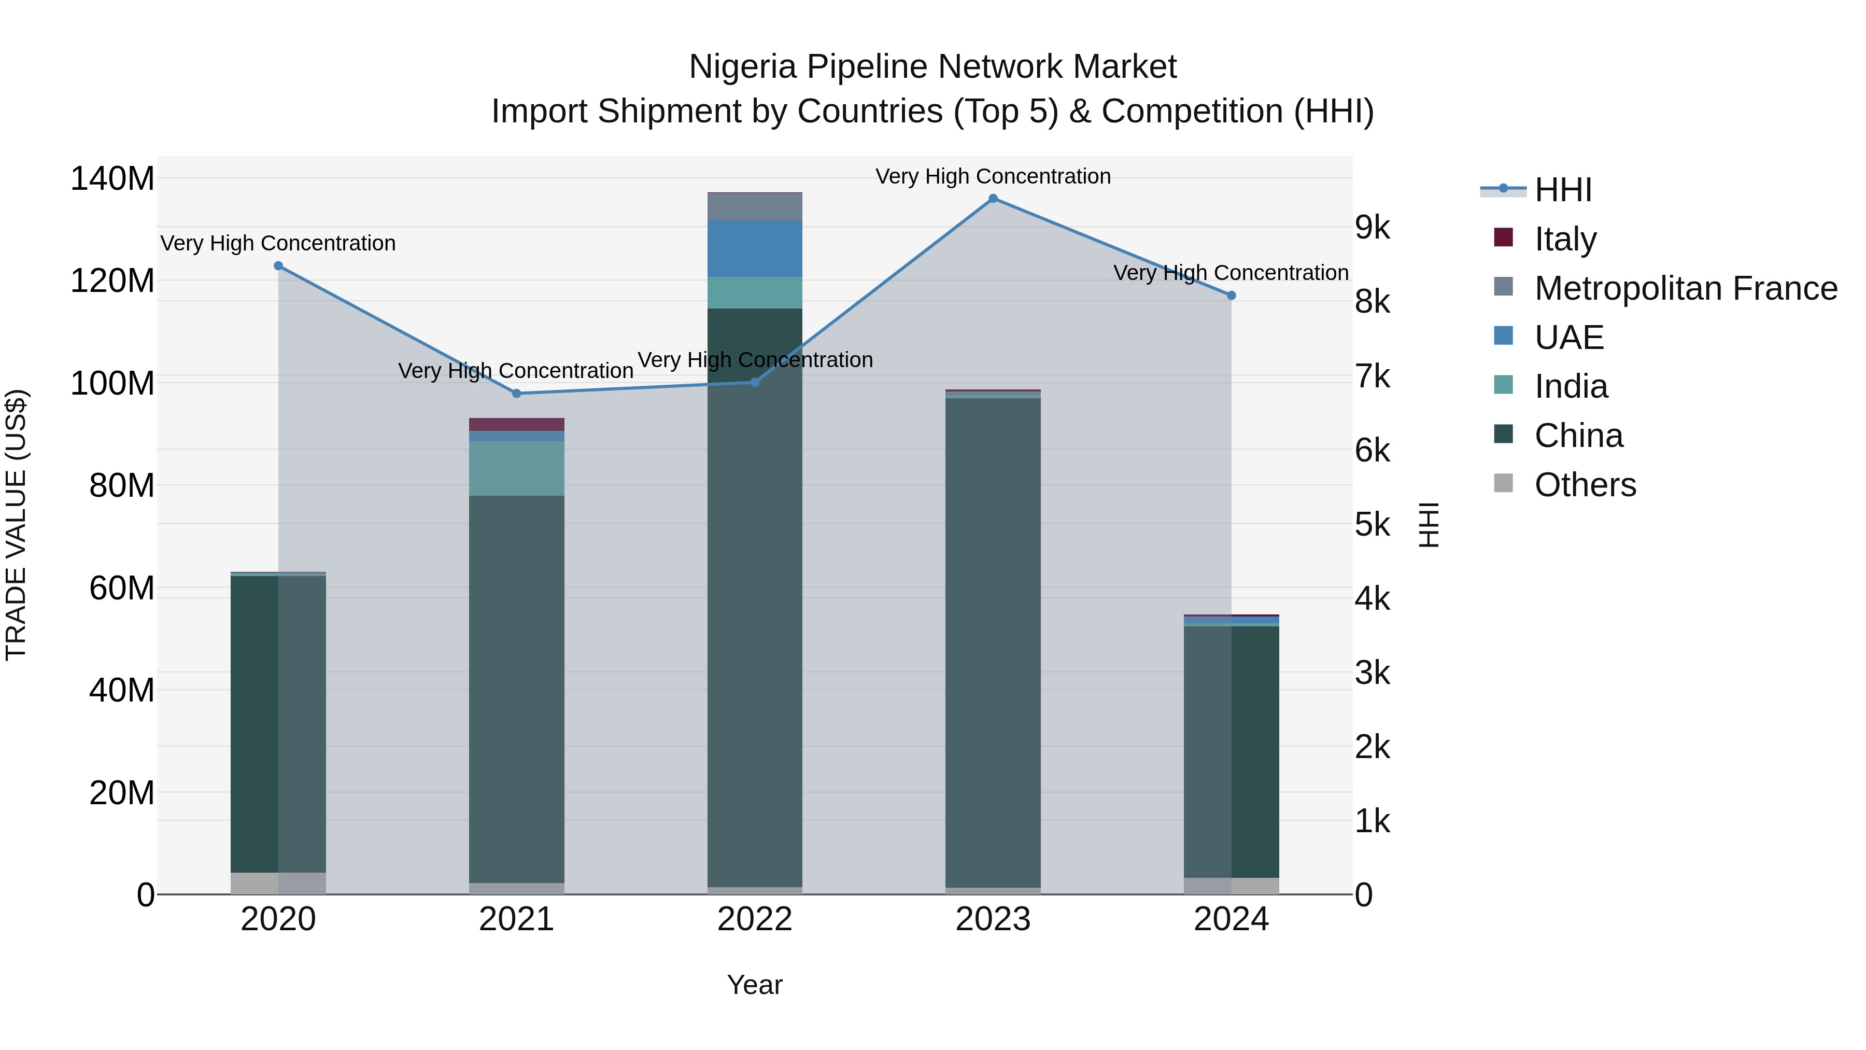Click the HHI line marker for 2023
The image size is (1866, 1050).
coord(993,199)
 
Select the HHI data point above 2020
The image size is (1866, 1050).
coord(278,266)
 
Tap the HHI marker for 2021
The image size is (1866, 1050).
coord(516,394)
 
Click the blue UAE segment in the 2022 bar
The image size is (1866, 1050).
coord(755,248)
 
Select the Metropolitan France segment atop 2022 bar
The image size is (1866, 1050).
coord(755,206)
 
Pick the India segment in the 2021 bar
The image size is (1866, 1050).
coord(516,468)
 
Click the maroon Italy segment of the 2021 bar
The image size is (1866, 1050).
coord(516,425)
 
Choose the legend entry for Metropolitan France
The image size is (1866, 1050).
coord(1685,288)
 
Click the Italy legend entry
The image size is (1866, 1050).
coord(1565,239)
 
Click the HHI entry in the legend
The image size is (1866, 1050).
coord(1562,190)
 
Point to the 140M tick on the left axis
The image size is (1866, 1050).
coord(112,178)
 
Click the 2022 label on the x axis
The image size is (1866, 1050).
coord(755,919)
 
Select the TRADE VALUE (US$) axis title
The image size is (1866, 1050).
coord(17,525)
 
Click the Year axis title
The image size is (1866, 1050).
coord(755,985)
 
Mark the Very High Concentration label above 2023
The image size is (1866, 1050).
coord(993,176)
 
